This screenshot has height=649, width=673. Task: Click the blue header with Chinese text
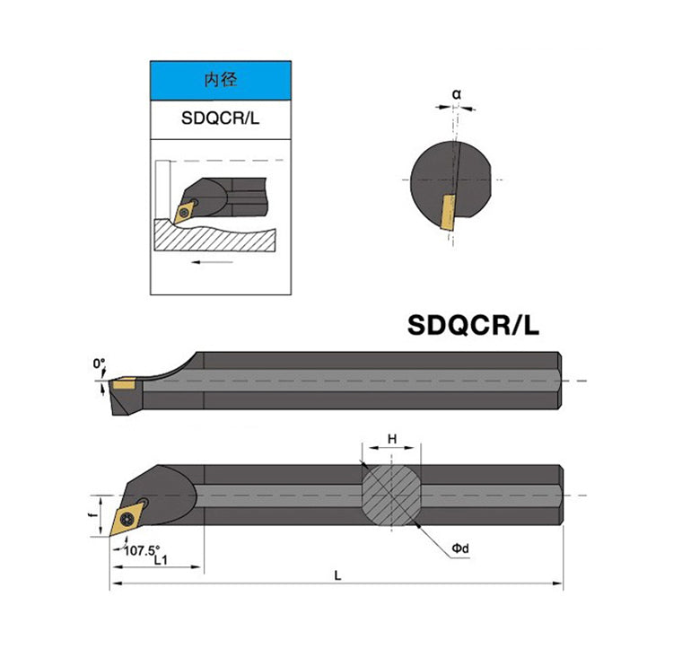221,82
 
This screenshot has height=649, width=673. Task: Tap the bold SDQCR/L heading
474,324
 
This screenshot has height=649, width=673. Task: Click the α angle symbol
456,93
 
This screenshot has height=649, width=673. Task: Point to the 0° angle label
99,364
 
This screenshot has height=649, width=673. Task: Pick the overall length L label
337,576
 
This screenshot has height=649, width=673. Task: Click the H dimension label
391,439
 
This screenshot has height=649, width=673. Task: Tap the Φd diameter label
460,548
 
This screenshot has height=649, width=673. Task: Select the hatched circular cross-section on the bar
391,495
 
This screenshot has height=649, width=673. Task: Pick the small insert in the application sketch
186,209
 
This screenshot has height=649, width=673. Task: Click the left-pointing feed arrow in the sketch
212,262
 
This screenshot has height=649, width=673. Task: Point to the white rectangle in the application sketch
162,189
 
